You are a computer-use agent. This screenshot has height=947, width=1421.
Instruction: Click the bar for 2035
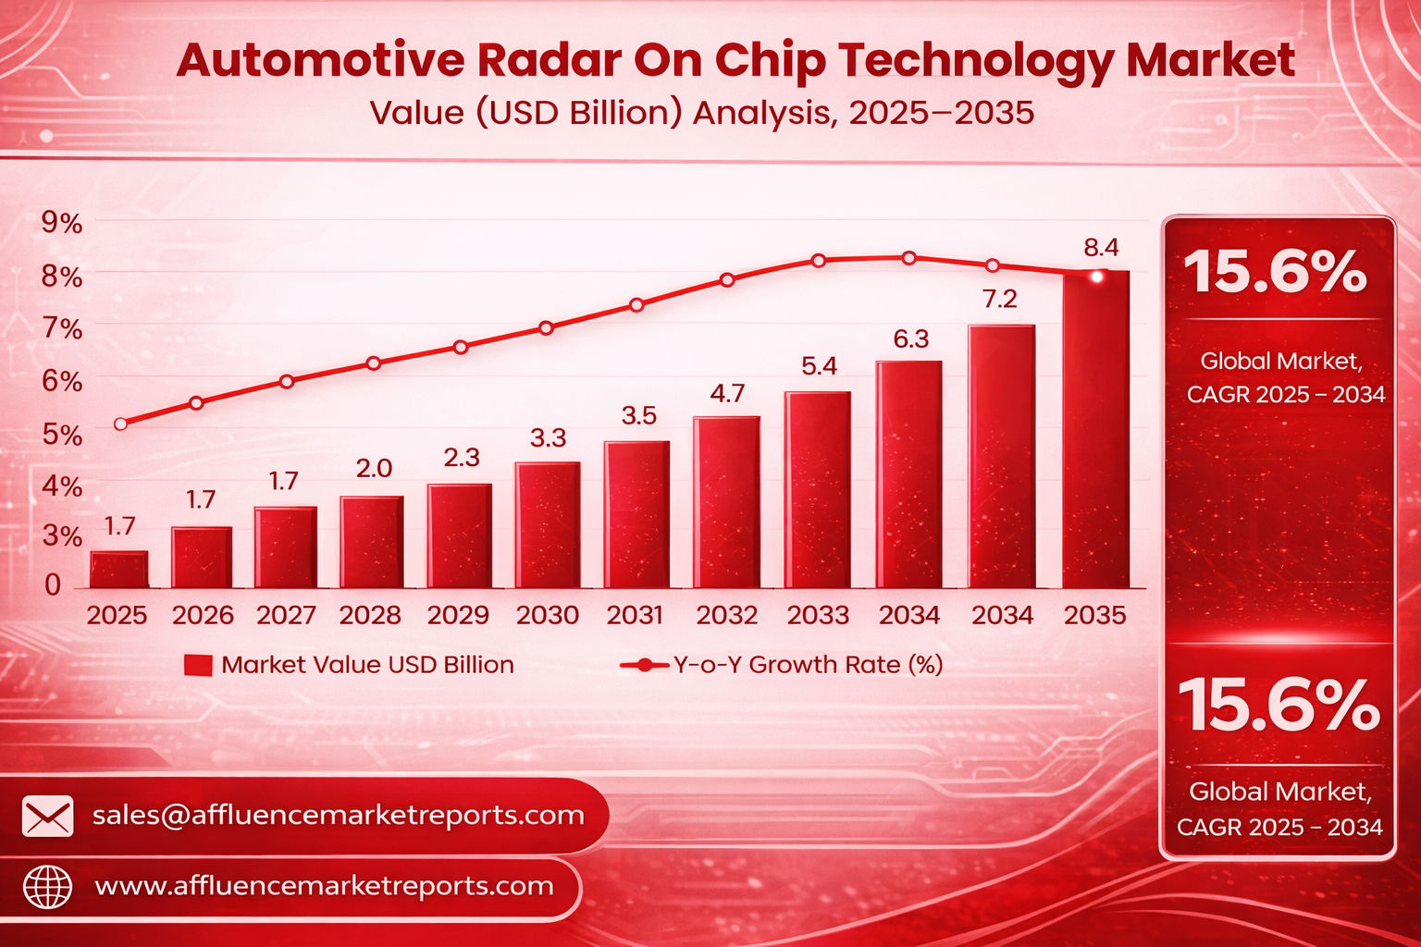click(1095, 430)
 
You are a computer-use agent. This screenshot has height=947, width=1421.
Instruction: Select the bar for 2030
click(548, 525)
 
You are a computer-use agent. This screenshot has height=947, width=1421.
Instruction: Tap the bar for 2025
click(118, 570)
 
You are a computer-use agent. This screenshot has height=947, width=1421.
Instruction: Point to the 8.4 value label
click(1101, 248)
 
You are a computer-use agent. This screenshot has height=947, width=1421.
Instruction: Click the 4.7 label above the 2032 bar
click(727, 394)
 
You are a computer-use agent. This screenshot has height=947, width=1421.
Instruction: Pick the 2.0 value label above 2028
click(374, 469)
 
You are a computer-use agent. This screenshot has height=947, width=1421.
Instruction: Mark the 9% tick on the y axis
click(62, 223)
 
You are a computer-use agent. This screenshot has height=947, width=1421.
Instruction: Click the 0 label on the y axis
click(53, 584)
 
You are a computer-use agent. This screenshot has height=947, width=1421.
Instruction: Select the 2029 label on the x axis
click(459, 616)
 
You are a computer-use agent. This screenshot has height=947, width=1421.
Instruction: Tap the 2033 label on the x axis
click(818, 616)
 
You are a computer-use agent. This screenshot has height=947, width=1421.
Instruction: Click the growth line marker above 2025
click(120, 424)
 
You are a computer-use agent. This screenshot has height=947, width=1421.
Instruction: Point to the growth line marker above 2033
click(818, 261)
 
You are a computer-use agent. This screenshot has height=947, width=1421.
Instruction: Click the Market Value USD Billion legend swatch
click(198, 665)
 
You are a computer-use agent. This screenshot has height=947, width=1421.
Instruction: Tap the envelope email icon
click(47, 816)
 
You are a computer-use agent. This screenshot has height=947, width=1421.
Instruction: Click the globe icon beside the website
click(47, 887)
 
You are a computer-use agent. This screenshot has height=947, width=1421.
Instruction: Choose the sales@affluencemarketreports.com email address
click(339, 815)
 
